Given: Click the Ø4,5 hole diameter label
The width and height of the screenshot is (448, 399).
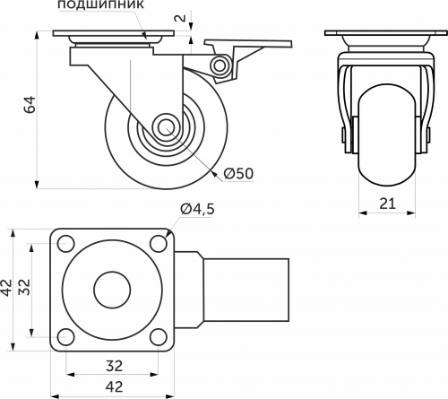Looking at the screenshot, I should point(198,209).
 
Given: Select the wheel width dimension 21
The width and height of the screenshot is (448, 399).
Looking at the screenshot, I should point(387,204).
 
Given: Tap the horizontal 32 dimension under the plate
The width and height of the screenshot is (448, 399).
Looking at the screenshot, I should point(112,366).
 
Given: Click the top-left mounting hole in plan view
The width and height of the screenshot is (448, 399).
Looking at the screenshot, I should point(66,243).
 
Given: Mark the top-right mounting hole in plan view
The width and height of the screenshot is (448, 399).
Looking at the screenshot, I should point(158,243).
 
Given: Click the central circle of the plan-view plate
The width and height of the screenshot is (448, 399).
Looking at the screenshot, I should point(112,291).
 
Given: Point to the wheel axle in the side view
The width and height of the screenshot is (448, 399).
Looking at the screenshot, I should point(166,127).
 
